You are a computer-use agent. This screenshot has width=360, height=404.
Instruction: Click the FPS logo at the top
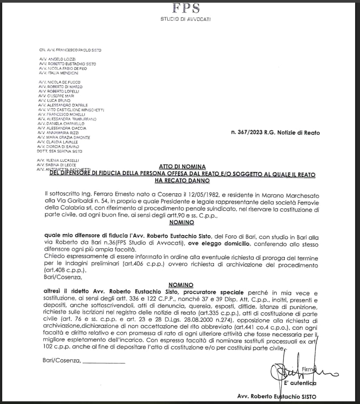(186, 8)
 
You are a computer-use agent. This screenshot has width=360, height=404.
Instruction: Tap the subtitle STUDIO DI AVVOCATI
(186, 19)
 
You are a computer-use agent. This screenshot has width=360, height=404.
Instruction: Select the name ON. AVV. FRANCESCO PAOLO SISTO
(70, 50)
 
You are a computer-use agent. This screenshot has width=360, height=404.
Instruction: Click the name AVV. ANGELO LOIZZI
(57, 59)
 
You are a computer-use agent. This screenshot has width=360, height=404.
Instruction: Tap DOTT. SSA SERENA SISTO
(60, 151)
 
